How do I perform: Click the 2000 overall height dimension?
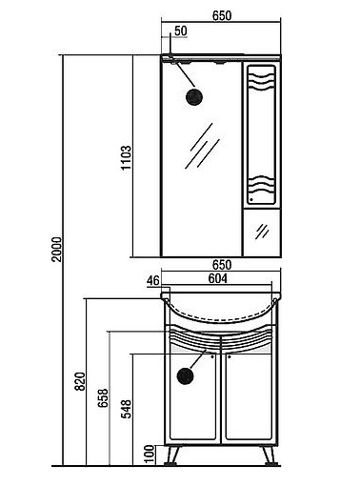tap(57, 249)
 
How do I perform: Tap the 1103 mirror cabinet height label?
tap(126, 157)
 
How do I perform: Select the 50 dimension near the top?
tap(181, 31)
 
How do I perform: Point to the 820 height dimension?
tap(80, 381)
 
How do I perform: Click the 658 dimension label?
tap(103, 398)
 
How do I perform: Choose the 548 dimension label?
tap(127, 409)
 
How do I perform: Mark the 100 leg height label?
tap(150, 455)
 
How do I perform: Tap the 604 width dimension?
tap(218, 278)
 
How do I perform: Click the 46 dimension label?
tap(152, 281)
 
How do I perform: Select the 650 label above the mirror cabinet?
tap(222, 16)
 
